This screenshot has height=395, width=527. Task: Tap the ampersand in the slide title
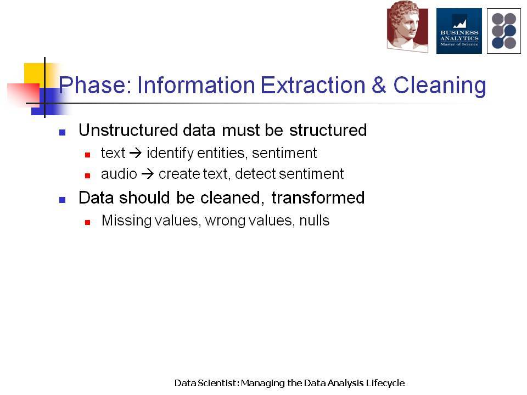tap(379, 85)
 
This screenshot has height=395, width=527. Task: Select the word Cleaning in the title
tap(440, 86)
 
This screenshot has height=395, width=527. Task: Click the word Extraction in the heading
tap(313, 85)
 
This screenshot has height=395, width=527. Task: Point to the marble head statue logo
tap(407, 26)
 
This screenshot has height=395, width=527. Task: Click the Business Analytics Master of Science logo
tap(459, 31)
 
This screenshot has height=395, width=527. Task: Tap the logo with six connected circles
tap(504, 31)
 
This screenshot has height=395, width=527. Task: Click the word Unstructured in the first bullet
tap(128, 130)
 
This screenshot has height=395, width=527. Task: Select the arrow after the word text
tap(136, 154)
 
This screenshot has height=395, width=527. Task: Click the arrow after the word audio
tap(148, 174)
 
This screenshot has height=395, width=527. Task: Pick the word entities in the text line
tap(221, 153)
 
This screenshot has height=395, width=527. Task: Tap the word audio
tap(119, 174)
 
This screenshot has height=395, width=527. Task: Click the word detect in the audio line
tap(255, 174)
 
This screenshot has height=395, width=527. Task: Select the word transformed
tap(318, 198)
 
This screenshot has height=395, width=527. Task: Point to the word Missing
tap(126, 221)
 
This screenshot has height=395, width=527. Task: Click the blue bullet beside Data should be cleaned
tap(62, 200)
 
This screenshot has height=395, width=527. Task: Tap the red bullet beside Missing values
tap(87, 222)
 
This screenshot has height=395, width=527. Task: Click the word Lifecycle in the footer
tap(385, 383)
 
